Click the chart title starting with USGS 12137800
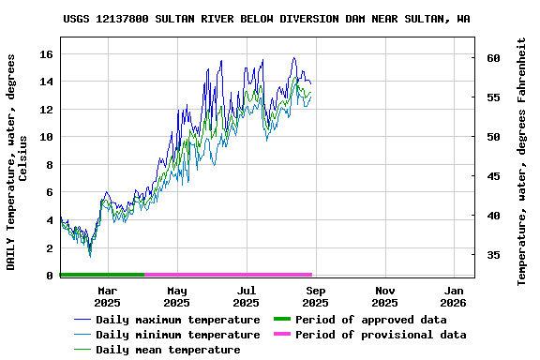pyautogui.click(x=267, y=18)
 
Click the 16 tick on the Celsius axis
pyautogui.click(x=45, y=54)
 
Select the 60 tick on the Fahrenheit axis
pyautogui.click(x=493, y=58)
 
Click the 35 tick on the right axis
pyautogui.click(x=493, y=255)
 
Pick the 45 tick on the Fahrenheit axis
pyautogui.click(x=493, y=176)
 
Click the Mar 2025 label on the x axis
pyautogui.click(x=107, y=296)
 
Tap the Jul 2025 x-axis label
pyautogui.click(x=246, y=296)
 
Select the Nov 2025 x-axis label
pyautogui.click(x=384, y=296)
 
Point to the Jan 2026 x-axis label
pyautogui.click(x=454, y=296)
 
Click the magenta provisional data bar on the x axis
pyautogui.click(x=228, y=275)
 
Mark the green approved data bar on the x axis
pyautogui.click(x=101, y=275)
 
